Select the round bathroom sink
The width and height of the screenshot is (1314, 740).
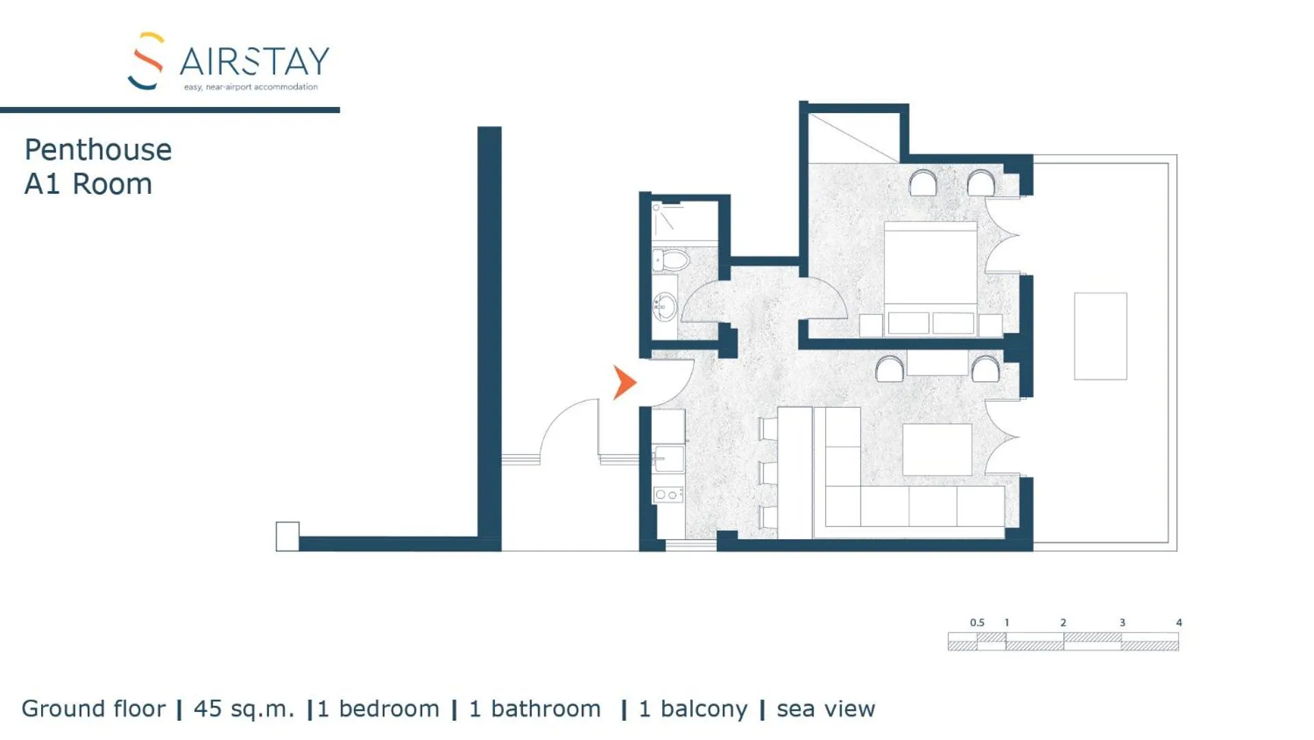click(x=664, y=306)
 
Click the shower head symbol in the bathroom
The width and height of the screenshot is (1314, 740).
click(x=657, y=208)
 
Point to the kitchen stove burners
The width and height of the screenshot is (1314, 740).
click(x=668, y=494)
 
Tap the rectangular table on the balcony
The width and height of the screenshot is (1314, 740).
click(x=1100, y=336)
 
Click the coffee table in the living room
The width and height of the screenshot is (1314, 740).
click(x=937, y=449)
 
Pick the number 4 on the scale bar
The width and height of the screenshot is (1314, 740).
click(x=1178, y=622)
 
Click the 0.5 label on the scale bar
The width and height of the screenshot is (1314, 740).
click(x=976, y=622)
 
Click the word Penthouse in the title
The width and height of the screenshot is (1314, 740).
click(x=98, y=150)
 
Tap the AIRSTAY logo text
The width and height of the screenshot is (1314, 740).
click(x=254, y=62)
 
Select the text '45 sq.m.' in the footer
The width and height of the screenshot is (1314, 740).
click(x=243, y=708)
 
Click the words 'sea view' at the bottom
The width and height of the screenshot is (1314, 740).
click(x=825, y=708)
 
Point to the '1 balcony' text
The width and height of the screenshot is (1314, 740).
click(x=692, y=708)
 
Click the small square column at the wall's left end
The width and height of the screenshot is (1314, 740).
click(x=287, y=536)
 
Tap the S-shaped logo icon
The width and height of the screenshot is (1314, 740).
click(x=146, y=61)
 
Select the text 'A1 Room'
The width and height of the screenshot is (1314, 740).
click(x=88, y=184)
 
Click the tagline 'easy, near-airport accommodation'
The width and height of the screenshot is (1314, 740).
click(x=251, y=87)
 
